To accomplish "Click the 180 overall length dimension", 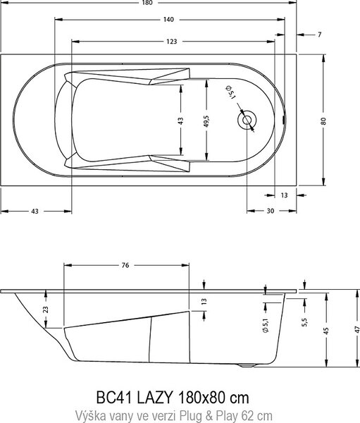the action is (x=147, y=3).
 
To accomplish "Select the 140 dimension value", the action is (x=168, y=20).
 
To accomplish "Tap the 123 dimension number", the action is (x=171, y=42).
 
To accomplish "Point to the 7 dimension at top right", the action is (x=320, y=35).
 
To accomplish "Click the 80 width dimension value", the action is (x=323, y=121).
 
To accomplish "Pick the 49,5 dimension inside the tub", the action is (x=206, y=121).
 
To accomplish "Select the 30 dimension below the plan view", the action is (x=271, y=211).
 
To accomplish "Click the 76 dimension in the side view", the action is (x=125, y=265).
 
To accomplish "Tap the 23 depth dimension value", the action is (x=46, y=309).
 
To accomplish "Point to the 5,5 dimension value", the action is (x=305, y=322).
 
